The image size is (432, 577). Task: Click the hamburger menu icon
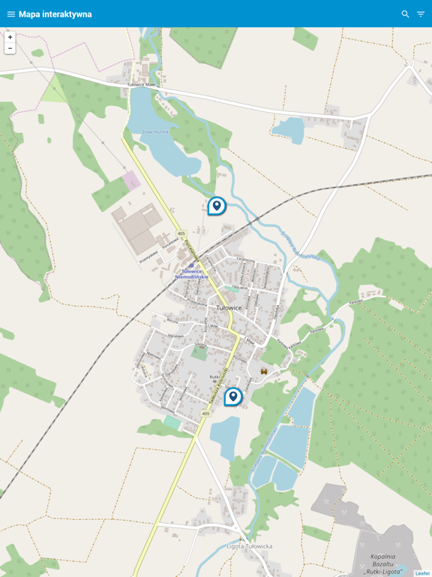click(x=11, y=14)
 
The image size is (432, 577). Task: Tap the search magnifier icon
click(x=406, y=14)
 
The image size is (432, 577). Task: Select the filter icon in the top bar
click(x=421, y=14)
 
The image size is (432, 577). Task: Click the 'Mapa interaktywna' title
click(x=55, y=14)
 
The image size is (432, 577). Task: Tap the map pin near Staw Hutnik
click(x=217, y=205)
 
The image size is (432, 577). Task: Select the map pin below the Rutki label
click(x=233, y=396)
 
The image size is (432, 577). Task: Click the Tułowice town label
click(x=229, y=308)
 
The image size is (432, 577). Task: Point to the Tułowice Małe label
click(x=139, y=85)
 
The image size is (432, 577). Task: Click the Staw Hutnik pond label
click(x=153, y=131)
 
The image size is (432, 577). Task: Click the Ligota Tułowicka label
click(x=248, y=546)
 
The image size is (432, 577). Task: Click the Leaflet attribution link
click(x=423, y=573)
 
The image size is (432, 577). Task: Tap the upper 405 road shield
click(x=181, y=234)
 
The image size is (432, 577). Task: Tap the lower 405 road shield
click(x=206, y=413)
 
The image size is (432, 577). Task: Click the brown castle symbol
click(x=264, y=371)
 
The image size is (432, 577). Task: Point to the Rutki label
click(x=214, y=377)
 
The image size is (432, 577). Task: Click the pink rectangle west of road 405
click(x=131, y=180)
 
